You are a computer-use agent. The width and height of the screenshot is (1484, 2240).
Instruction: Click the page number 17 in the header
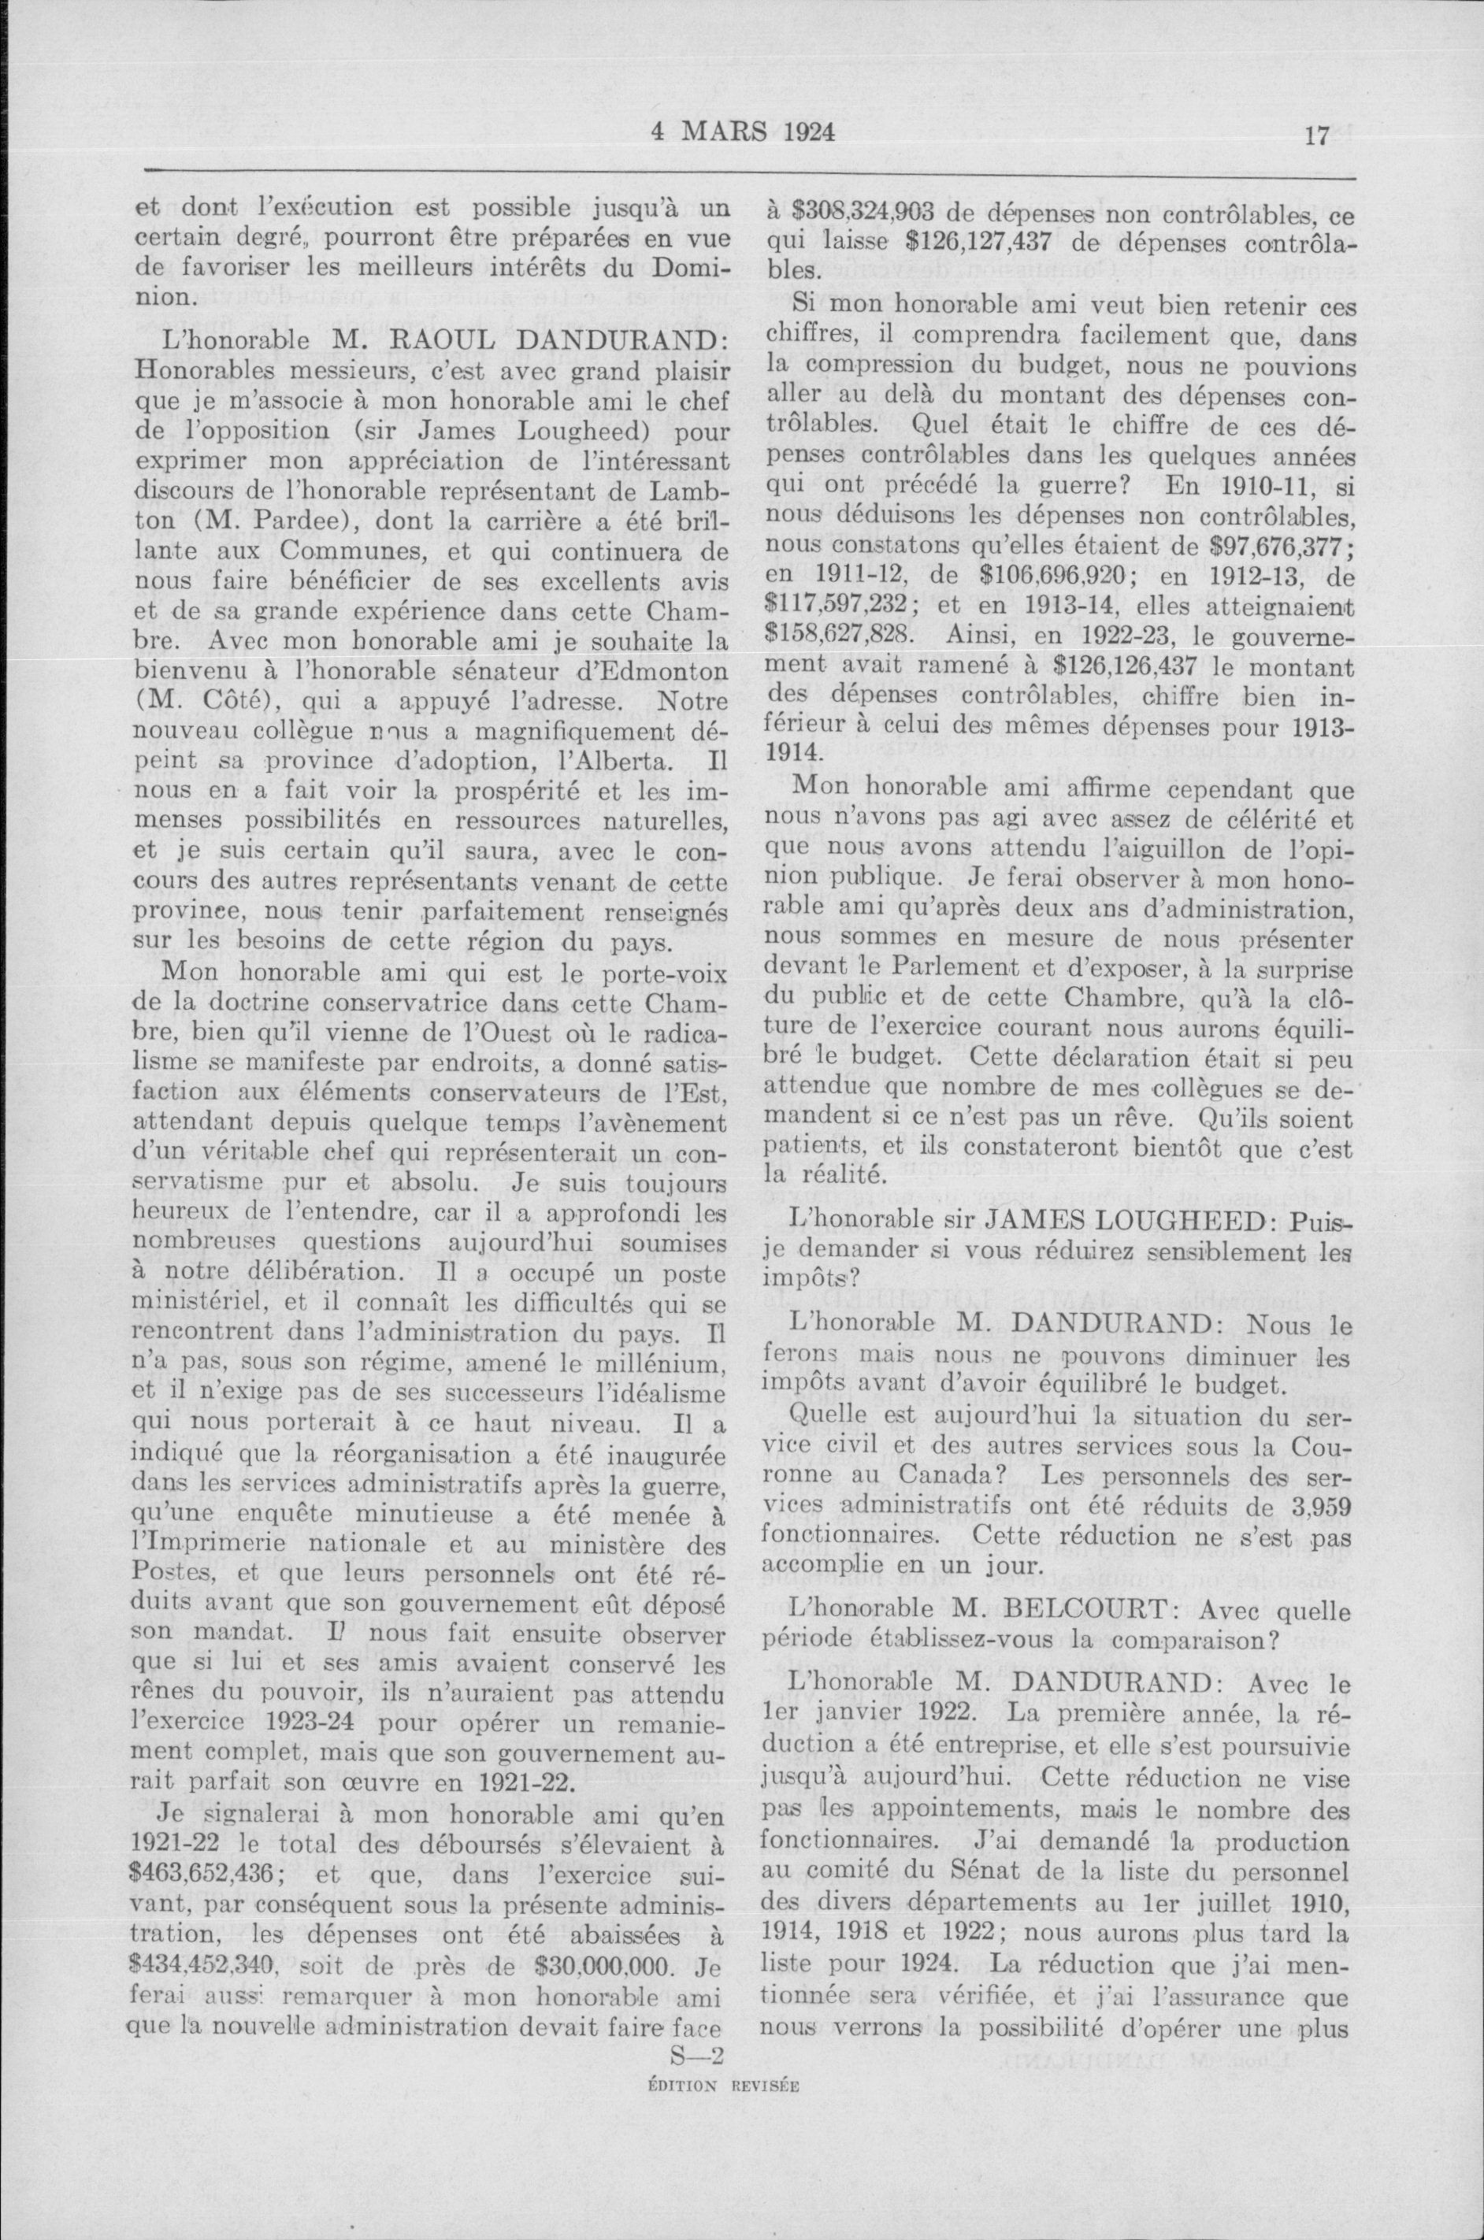tap(1316, 136)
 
